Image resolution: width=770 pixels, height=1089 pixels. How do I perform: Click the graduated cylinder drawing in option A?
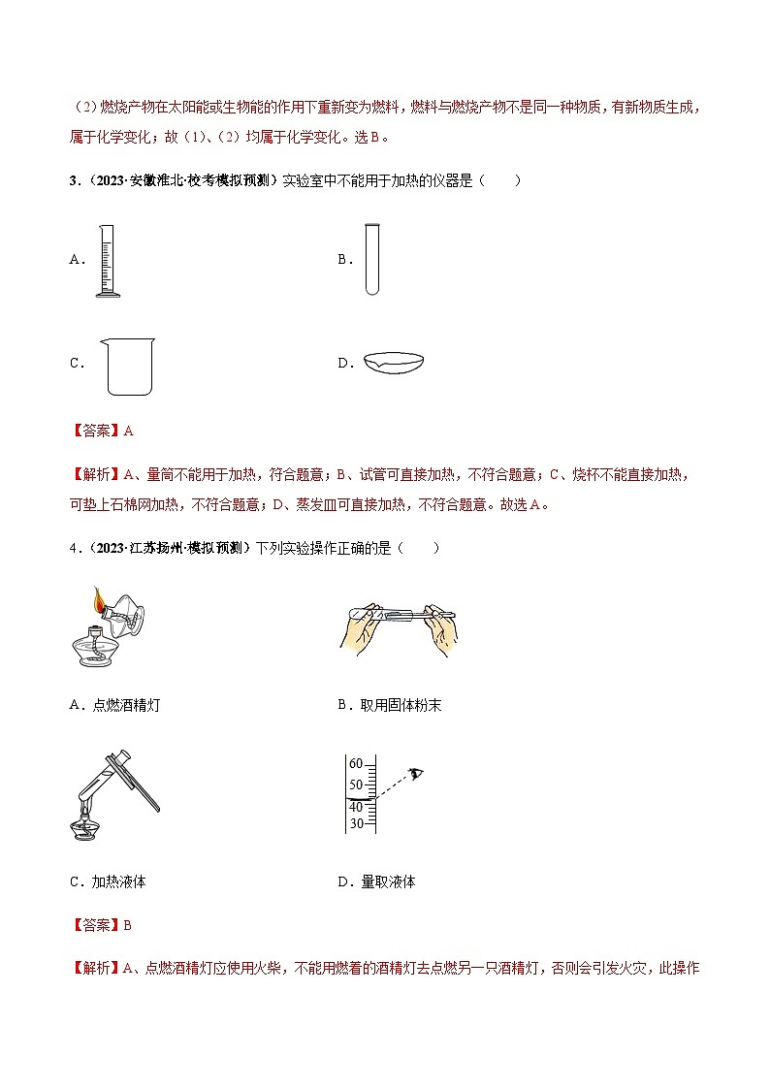(x=107, y=260)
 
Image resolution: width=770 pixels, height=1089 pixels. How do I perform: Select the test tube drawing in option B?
(x=371, y=260)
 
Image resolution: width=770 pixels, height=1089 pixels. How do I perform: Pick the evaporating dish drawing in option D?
(x=394, y=362)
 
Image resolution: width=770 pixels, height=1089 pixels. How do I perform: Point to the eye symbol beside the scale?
(x=418, y=772)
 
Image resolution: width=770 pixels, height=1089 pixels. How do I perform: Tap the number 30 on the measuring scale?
(x=355, y=824)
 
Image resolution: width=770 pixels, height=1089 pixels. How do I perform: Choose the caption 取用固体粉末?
(x=400, y=705)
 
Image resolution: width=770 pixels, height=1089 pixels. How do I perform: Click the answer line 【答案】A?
(x=102, y=431)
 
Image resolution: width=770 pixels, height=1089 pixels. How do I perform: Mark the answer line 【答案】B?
(x=102, y=925)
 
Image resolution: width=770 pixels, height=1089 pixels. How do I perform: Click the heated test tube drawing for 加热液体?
(x=112, y=795)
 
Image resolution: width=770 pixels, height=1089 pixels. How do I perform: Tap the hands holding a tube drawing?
(x=400, y=626)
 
